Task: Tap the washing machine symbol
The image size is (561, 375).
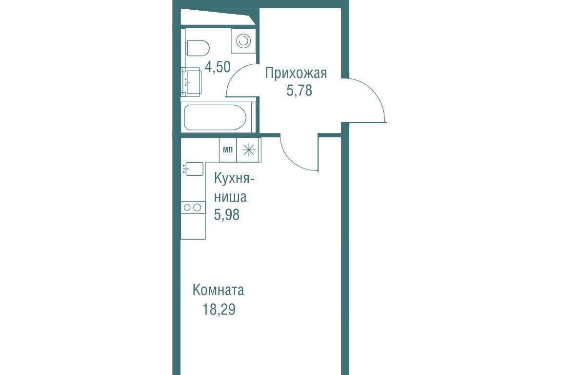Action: [243, 41]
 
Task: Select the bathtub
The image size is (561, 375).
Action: [215, 117]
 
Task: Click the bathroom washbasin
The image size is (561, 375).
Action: [190, 82]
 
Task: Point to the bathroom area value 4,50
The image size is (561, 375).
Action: [217, 67]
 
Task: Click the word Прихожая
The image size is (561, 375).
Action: [296, 73]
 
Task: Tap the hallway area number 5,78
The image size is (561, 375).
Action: [299, 91]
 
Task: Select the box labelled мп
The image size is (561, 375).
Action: [227, 150]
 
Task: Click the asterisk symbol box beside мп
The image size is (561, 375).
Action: [249, 150]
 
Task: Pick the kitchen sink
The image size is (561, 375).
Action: [194, 169]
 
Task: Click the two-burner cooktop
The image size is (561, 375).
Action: [193, 207]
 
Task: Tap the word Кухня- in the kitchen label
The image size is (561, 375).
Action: [234, 179]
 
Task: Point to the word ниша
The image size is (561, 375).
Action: [230, 197]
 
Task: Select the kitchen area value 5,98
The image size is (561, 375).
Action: [226, 215]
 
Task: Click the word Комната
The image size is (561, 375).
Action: [218, 290]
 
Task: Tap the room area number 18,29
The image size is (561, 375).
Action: [219, 309]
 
